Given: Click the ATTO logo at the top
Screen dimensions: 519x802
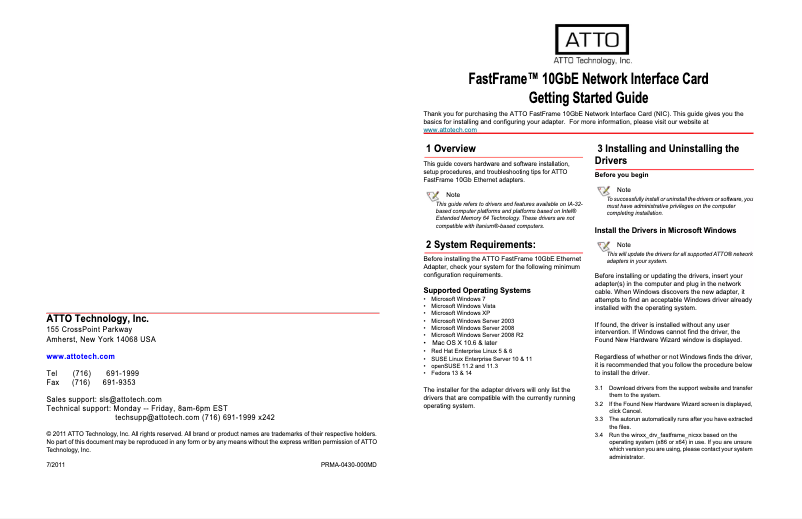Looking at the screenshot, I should click(593, 40).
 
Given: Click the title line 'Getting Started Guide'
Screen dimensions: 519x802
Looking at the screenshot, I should click(588, 98).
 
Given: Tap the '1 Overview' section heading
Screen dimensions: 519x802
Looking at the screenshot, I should click(450, 149).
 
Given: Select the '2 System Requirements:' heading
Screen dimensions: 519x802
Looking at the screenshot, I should click(480, 244).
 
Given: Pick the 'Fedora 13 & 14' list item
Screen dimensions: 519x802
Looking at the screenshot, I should click(452, 373).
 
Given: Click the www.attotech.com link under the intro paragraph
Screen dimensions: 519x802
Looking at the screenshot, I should click(450, 130).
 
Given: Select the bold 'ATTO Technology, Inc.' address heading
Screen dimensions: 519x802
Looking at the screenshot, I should click(98, 319).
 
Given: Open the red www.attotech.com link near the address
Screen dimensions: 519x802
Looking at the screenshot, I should click(81, 356).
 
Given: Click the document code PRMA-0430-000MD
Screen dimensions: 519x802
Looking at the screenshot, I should click(348, 467).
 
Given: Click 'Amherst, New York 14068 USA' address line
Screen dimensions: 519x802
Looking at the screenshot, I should click(101, 340).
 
